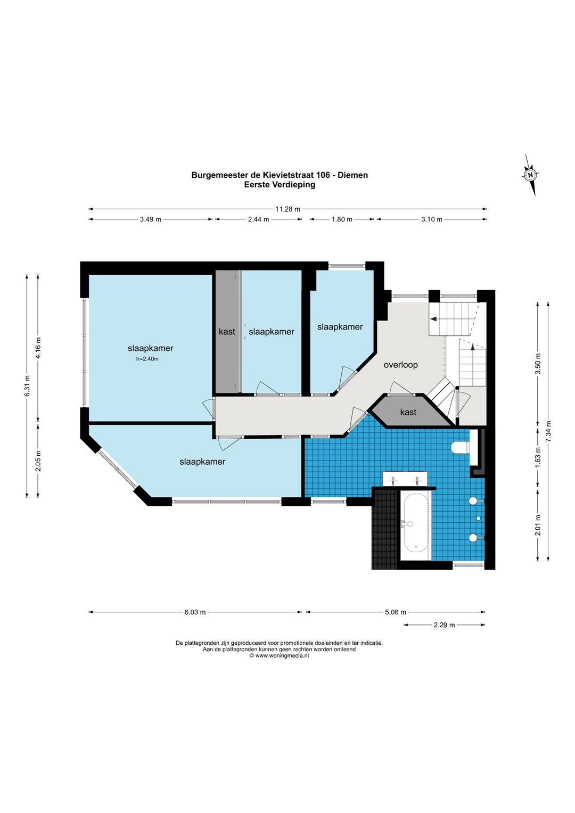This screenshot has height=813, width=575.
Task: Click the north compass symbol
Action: tap(530, 175)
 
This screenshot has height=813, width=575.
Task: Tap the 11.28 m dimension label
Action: tap(288, 209)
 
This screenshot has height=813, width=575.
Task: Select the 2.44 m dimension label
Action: tap(258, 219)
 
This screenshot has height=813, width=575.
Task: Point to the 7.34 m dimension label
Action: tap(548, 431)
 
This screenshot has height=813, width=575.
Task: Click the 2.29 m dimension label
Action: tap(445, 625)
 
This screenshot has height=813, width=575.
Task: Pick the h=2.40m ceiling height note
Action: tap(147, 359)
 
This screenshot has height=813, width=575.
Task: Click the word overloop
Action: tap(401, 365)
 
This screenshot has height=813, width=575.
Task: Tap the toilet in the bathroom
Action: tap(461, 448)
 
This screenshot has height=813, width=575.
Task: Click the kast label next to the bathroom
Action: tap(408, 412)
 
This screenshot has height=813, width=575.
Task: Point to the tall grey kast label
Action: tap(227, 331)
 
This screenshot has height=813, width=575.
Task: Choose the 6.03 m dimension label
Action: tap(195, 612)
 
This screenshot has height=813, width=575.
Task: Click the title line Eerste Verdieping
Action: tap(280, 185)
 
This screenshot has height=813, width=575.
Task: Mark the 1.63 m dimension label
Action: tap(538, 457)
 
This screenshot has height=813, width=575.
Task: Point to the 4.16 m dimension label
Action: tap(38, 348)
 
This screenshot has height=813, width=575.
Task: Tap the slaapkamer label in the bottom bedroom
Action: tap(202, 462)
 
